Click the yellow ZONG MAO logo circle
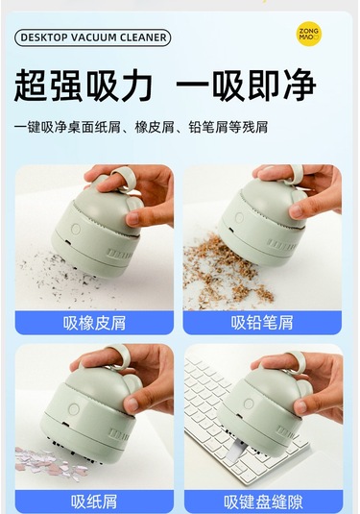pos(308,34)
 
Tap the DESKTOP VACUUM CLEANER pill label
pos(92,37)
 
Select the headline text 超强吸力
pos(83,86)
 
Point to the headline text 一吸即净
pos(246,86)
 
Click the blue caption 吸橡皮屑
pos(94,323)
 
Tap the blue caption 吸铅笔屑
pos(262,323)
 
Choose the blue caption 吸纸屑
pos(94,502)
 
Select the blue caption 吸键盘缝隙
pos(263,502)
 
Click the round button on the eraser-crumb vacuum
pos(76,229)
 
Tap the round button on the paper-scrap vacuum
pos(74,409)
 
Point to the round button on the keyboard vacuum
pos(249,404)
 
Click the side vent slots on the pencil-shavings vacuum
pos(281,245)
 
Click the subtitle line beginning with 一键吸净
pos(141,127)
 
